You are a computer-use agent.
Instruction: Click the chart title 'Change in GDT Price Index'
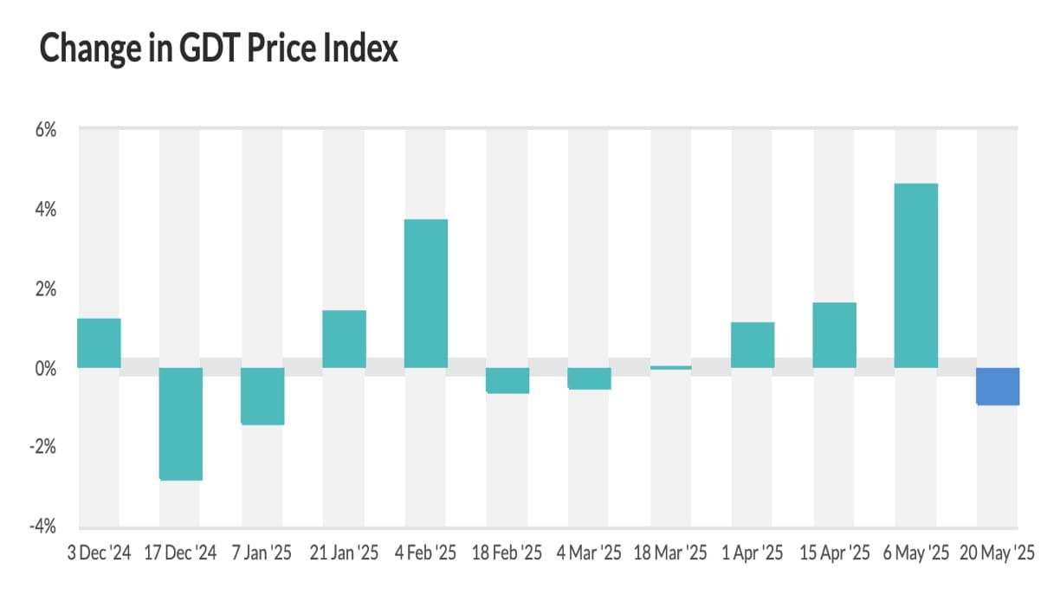pos(219,49)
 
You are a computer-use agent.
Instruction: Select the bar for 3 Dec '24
pos(99,343)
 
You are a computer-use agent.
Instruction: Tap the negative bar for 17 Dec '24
pos(181,424)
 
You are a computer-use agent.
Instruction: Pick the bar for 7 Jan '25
pos(262,396)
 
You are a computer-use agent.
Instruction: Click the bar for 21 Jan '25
pos(344,339)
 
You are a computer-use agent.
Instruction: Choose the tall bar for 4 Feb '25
pos(426,294)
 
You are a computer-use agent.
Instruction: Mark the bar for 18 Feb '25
pos(507,380)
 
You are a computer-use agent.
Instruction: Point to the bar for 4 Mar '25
pos(589,378)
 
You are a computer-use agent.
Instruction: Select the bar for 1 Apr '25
pos(753,345)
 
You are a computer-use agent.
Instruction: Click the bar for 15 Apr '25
pos(834,335)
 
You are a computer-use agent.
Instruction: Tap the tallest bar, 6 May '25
pos(916,275)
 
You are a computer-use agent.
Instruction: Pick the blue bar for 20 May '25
pos(998,386)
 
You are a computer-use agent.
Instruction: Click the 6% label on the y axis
pos(46,131)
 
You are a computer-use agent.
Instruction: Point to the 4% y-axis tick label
pos(46,210)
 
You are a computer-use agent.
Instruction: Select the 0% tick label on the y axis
pos(46,368)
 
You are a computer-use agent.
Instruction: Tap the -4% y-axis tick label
pos(43,527)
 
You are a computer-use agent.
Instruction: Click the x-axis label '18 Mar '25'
pos(670,553)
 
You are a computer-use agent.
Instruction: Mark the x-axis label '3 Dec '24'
pos(99,553)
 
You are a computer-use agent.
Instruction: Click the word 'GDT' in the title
pos(210,49)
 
